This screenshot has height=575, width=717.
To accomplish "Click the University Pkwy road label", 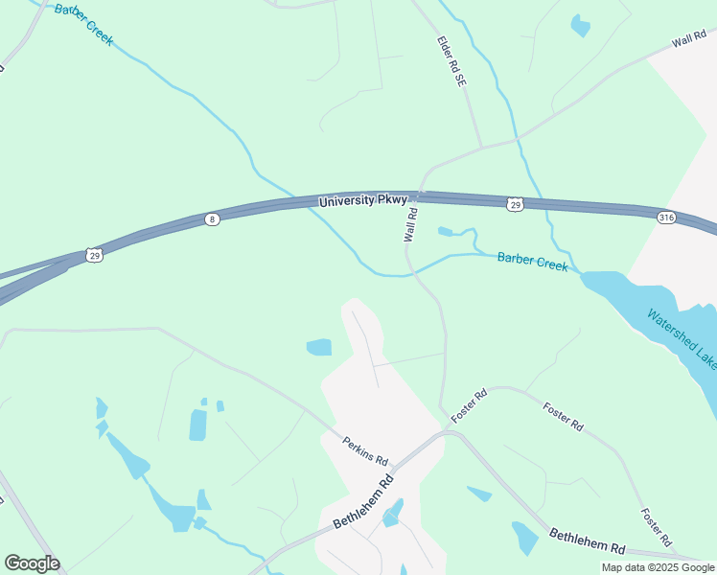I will [x=363, y=201].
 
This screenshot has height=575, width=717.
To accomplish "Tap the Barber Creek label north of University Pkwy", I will [x=84, y=24].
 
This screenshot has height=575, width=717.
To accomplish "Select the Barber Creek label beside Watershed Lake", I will [x=532, y=260].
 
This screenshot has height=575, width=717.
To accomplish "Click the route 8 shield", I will [x=213, y=219].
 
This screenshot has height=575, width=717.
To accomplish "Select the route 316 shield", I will [x=667, y=218].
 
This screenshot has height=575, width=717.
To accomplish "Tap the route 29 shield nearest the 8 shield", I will [x=93, y=254].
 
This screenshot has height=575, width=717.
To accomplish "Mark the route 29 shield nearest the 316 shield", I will [x=515, y=204].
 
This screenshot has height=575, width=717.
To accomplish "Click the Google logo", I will [x=32, y=563].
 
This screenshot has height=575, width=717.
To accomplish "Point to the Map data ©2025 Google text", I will [x=658, y=567].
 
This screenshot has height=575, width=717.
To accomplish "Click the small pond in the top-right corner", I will [x=580, y=25].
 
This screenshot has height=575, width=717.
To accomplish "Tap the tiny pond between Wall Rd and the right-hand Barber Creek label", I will [x=445, y=231].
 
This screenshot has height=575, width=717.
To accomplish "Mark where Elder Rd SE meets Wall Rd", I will [x=481, y=147].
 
